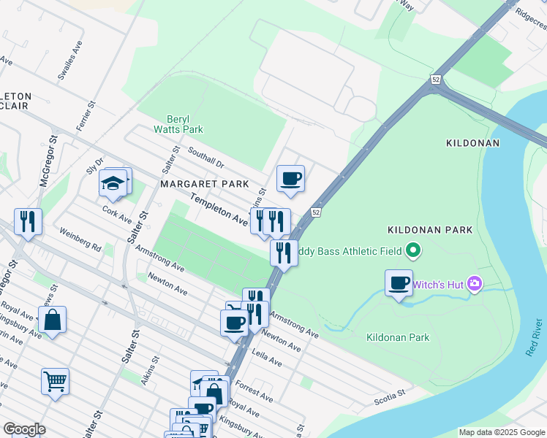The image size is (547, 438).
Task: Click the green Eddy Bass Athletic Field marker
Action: coord(413,251)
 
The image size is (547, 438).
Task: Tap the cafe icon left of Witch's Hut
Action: coord(399,283)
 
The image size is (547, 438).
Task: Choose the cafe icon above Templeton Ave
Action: coord(290,178)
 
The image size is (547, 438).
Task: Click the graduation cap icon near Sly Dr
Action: coord(113,183)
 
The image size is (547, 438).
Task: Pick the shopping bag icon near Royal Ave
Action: coord(53,320)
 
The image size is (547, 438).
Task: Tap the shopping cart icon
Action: coord(56,381)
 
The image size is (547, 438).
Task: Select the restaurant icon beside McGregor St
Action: coord(28,221)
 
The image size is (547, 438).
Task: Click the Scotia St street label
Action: coord(391,396)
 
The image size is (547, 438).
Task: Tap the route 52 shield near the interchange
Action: coord(436,80)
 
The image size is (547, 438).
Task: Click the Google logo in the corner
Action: coord(24,429)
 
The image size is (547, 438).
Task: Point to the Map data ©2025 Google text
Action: coord(501,432)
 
